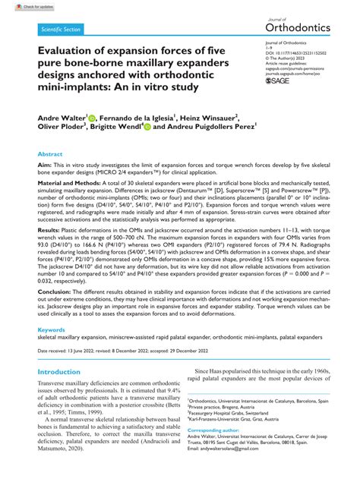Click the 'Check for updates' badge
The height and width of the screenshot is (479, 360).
(x=21, y=5)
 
